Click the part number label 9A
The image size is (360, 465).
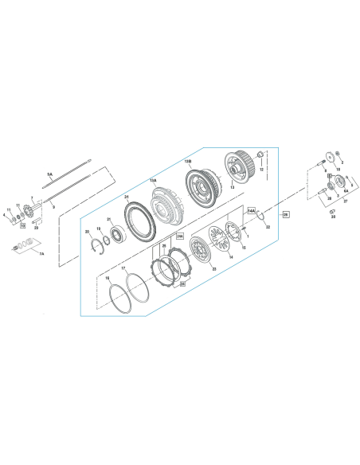(x=50, y=174)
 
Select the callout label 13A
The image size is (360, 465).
(x=153, y=181)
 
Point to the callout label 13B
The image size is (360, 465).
(x=189, y=162)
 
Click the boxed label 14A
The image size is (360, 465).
(x=252, y=211)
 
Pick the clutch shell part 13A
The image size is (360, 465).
(x=169, y=208)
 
